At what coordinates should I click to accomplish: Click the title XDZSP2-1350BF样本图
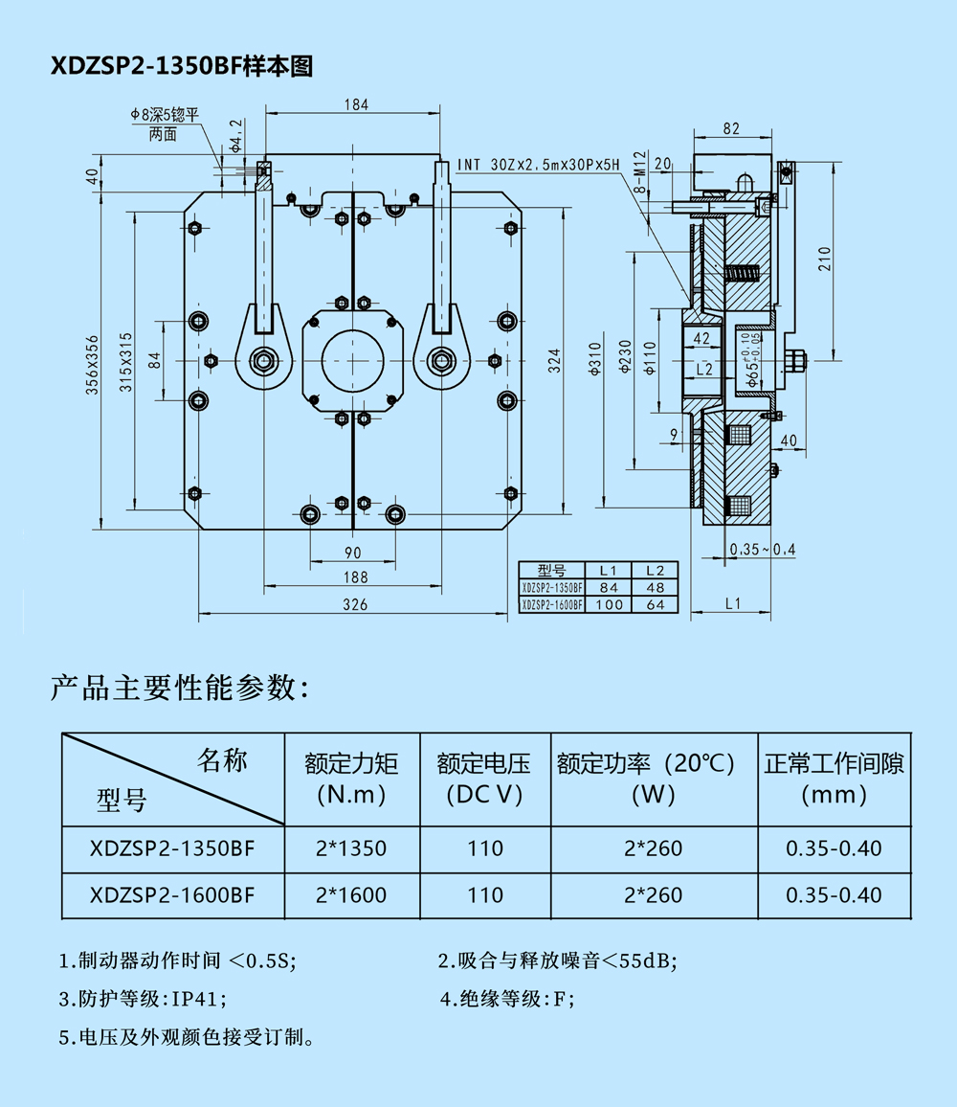(182, 66)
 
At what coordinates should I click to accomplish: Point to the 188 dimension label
(354, 576)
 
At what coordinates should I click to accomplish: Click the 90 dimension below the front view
(353, 553)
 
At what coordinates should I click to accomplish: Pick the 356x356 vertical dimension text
(92, 365)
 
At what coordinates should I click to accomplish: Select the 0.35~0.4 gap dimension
(762, 549)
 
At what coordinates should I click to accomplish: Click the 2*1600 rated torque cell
(351, 895)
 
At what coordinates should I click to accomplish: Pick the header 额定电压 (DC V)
(483, 779)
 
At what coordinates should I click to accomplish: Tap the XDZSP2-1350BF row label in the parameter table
(172, 848)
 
